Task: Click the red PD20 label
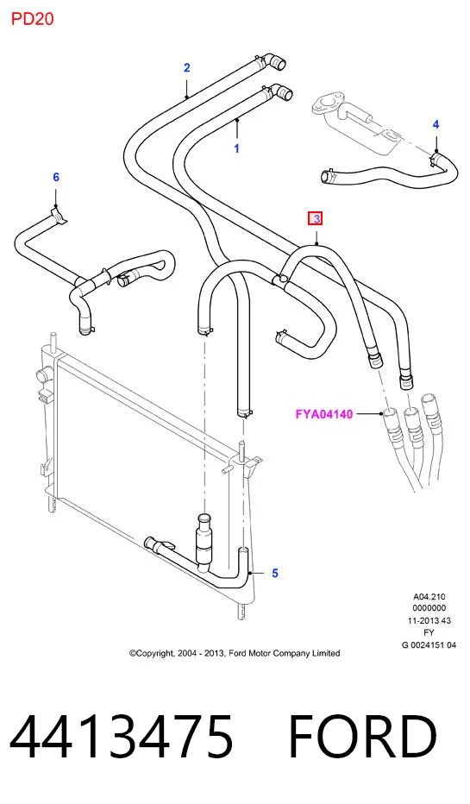click(x=32, y=19)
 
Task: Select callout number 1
click(x=237, y=148)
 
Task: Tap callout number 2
click(x=187, y=67)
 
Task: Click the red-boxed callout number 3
click(x=316, y=219)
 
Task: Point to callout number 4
click(x=436, y=124)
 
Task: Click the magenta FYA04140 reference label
click(x=324, y=414)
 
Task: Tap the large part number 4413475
click(x=121, y=736)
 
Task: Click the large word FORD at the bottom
click(x=362, y=736)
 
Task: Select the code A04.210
click(x=429, y=596)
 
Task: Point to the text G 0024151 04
click(x=429, y=645)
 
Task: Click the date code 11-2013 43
click(x=429, y=620)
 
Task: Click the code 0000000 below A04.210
click(x=429, y=608)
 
